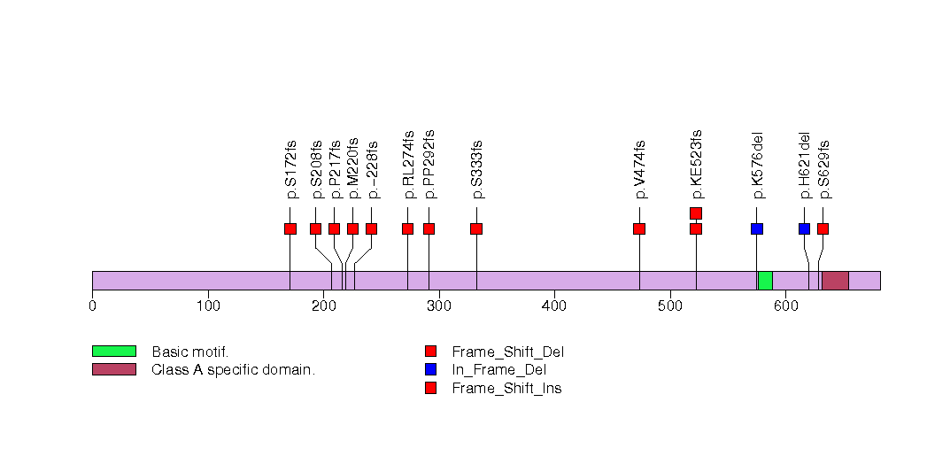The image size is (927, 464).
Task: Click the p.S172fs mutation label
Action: point(290,170)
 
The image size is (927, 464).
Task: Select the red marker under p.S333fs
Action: point(476,228)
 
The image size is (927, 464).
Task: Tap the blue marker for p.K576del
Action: point(757,228)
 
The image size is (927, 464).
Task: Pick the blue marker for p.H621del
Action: point(804,228)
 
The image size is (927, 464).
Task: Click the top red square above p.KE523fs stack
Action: point(696,213)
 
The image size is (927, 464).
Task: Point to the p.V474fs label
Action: point(639,170)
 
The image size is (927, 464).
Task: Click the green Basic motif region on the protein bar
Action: point(765,281)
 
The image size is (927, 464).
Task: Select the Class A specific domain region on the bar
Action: point(836,281)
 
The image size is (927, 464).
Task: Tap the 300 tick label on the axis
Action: point(438,305)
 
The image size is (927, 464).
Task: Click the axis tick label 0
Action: point(92,305)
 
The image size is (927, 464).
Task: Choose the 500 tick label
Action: point(670,305)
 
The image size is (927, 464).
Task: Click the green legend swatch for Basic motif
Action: point(114,352)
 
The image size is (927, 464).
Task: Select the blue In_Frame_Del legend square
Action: point(431,369)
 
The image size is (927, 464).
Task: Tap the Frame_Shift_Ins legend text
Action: point(506,389)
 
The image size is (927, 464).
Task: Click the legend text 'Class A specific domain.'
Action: point(234,370)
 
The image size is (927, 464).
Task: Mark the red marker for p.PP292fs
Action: point(429,228)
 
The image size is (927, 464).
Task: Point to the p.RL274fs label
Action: point(408,165)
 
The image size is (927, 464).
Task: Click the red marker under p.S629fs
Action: point(823,228)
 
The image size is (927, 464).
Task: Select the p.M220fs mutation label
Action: point(353,168)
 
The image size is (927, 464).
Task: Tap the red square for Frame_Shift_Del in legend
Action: point(431,352)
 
